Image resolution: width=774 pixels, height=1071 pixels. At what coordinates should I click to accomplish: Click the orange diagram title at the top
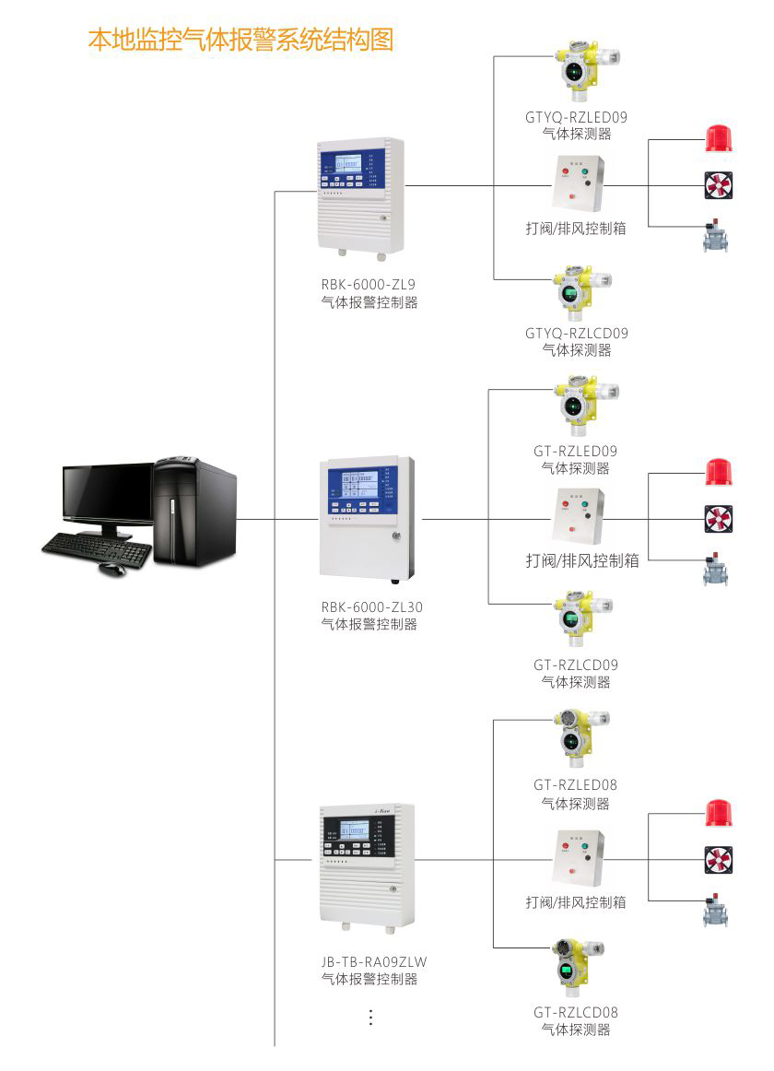[240, 40]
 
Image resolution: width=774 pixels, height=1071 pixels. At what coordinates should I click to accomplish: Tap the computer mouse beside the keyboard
[111, 569]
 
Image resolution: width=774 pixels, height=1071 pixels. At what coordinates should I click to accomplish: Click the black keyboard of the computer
[97, 549]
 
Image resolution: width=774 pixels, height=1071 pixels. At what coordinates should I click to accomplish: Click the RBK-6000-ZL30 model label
[372, 607]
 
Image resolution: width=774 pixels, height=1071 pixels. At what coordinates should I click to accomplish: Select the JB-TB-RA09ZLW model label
[373, 962]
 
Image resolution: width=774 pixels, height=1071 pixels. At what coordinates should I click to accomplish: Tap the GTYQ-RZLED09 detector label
[576, 117]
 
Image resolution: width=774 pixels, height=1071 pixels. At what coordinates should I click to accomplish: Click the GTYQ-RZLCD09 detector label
[576, 334]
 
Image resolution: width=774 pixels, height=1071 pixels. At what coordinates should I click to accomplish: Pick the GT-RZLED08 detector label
[575, 785]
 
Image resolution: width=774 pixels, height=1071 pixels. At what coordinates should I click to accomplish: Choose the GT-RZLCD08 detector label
[575, 1012]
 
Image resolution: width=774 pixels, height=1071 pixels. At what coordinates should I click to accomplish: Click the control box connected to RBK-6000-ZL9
[578, 184]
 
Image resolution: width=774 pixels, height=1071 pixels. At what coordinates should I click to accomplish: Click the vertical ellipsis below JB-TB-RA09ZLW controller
[371, 1017]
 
